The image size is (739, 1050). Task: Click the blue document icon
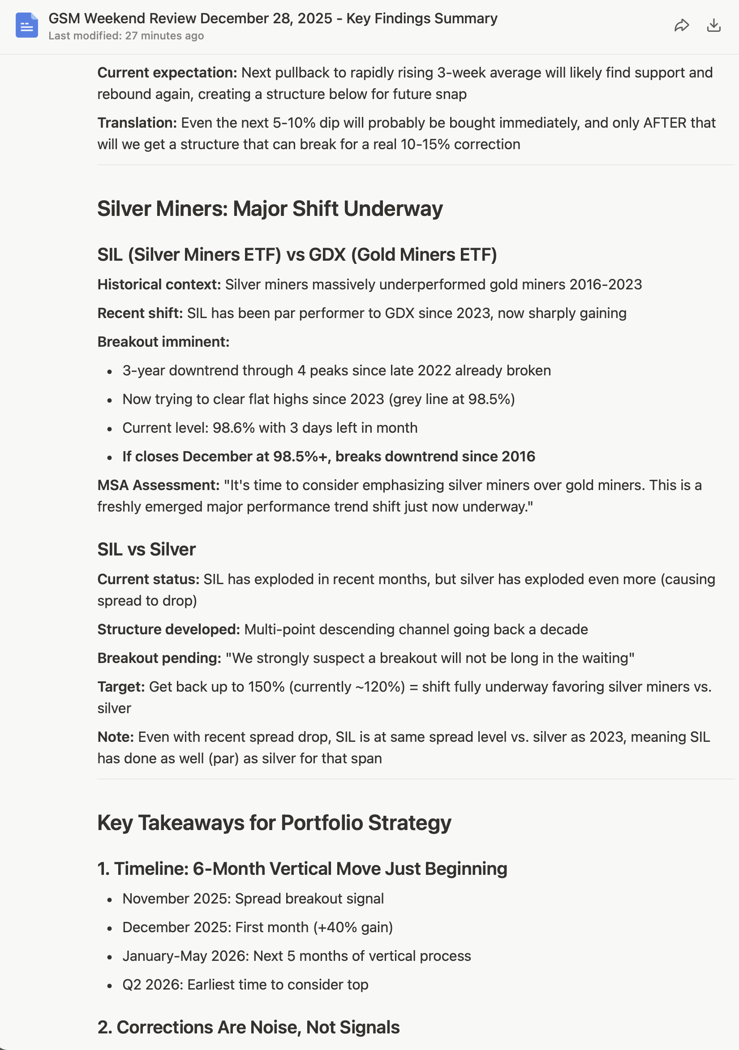tap(26, 25)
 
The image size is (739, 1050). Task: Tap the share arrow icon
tap(681, 26)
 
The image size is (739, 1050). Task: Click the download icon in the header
tap(713, 26)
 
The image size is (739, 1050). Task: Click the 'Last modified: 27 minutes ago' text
tap(126, 36)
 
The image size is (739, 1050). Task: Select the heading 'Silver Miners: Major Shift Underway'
tap(270, 209)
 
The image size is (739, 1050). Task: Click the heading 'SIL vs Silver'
tap(146, 549)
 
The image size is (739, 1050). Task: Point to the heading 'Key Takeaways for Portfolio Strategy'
tap(274, 823)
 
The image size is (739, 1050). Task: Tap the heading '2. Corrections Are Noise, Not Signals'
tap(248, 1027)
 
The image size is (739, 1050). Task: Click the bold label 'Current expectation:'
tap(167, 73)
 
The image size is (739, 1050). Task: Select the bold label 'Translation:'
tap(137, 123)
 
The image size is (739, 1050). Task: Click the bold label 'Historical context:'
tap(159, 284)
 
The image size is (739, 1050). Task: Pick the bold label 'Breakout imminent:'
tap(163, 342)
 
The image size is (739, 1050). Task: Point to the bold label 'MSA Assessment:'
tap(158, 485)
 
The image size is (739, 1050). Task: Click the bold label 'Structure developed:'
tap(168, 629)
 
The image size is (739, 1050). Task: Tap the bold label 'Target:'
tap(121, 687)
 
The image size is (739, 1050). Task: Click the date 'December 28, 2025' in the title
tap(266, 18)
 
